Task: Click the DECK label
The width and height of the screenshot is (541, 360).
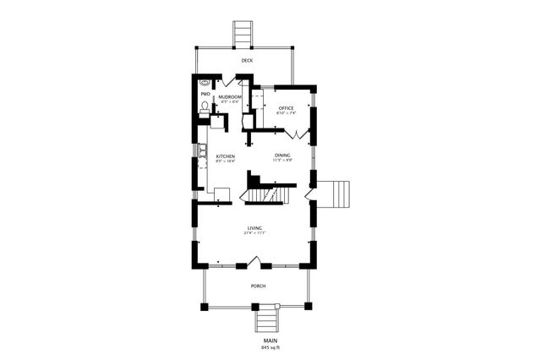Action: [246, 61]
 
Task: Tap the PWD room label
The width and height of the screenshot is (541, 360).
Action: [205, 94]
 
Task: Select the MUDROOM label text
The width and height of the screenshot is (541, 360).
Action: [230, 97]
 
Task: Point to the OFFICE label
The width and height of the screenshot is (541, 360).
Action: [286, 108]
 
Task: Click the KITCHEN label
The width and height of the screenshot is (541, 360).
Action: [225, 156]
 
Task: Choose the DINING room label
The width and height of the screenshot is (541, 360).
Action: [282, 155]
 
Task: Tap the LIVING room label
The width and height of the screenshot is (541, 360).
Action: [254, 228]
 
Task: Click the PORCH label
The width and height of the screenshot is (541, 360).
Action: [258, 286]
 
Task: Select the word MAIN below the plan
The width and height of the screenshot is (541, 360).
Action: [270, 340]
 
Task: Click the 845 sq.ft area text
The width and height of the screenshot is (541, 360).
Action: [270, 347]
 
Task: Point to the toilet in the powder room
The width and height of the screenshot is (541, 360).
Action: [205, 106]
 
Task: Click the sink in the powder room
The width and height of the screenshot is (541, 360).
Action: [205, 83]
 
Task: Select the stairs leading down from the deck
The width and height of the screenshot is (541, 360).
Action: [243, 34]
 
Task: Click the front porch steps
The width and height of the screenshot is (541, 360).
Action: [266, 321]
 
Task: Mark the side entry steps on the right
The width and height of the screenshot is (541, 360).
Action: [337, 194]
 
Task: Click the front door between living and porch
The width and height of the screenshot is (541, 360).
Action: [259, 265]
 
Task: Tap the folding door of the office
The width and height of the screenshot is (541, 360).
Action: [295, 133]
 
